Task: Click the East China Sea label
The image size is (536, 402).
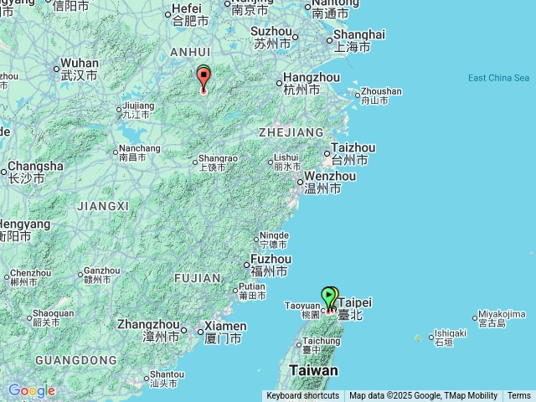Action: coord(498,78)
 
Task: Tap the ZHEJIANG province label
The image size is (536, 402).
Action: coord(291,132)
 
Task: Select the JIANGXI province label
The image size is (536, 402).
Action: coord(102,206)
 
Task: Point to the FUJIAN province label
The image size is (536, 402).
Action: coord(198,278)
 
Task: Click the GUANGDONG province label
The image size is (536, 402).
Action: coord(76,360)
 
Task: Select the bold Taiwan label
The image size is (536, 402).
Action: coord(313,370)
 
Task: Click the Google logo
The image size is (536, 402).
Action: coord(31,390)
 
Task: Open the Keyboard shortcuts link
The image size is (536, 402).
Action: coord(302,396)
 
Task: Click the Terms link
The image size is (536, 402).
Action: coord(519,396)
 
